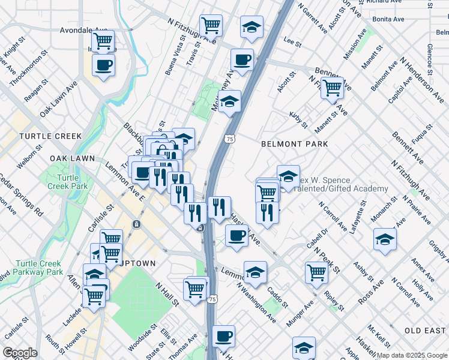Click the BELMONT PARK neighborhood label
pyautogui.click(x=294, y=144)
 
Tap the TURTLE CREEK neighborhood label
pyautogui.click(x=50, y=136)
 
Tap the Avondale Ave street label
pyautogui.click(x=83, y=30)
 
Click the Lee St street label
pyautogui.click(x=292, y=41)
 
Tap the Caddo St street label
pyautogui.click(x=278, y=293)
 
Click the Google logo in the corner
pyautogui.click(x=20, y=353)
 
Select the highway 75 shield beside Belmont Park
pyautogui.click(x=230, y=139)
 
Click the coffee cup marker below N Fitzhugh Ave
pyautogui.click(x=242, y=59)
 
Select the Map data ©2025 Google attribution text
pyautogui.click(x=412, y=355)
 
